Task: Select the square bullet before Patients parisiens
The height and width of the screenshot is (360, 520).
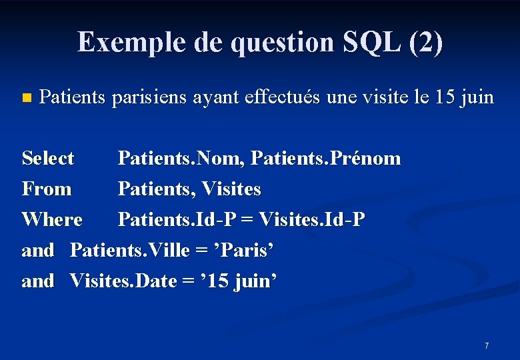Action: pos(26,98)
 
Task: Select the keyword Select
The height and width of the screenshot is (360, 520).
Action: pos(48,159)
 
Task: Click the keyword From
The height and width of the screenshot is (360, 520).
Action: pos(46,189)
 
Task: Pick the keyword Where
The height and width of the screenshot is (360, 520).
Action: pos(52,219)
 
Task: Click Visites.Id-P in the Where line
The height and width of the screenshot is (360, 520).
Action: pos(311,219)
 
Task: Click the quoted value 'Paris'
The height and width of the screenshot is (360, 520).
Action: pos(244,250)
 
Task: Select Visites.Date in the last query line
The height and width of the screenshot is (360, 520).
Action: pos(121,281)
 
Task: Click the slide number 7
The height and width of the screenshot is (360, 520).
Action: pos(487,345)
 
